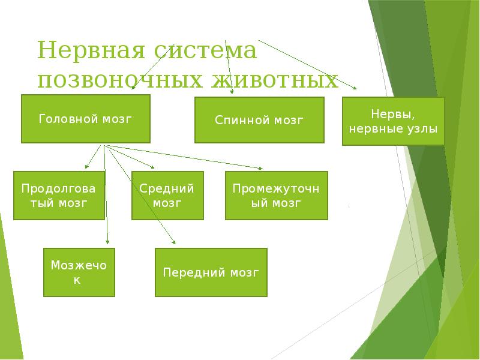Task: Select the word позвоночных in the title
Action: (x=118, y=80)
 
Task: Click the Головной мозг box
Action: (x=85, y=119)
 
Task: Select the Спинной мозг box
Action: (x=259, y=120)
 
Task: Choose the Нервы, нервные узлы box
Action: (x=394, y=121)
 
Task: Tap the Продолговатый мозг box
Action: (x=59, y=195)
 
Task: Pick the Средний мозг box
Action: (x=167, y=195)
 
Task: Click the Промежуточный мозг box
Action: (x=277, y=195)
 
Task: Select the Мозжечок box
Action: (x=79, y=272)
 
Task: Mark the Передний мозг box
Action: (x=211, y=272)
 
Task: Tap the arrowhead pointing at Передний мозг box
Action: (x=173, y=242)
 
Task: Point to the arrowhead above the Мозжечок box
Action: (x=108, y=242)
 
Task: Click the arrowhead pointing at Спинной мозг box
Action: (x=232, y=92)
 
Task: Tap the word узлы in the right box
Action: (x=424, y=128)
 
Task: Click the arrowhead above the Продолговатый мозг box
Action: (x=87, y=166)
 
